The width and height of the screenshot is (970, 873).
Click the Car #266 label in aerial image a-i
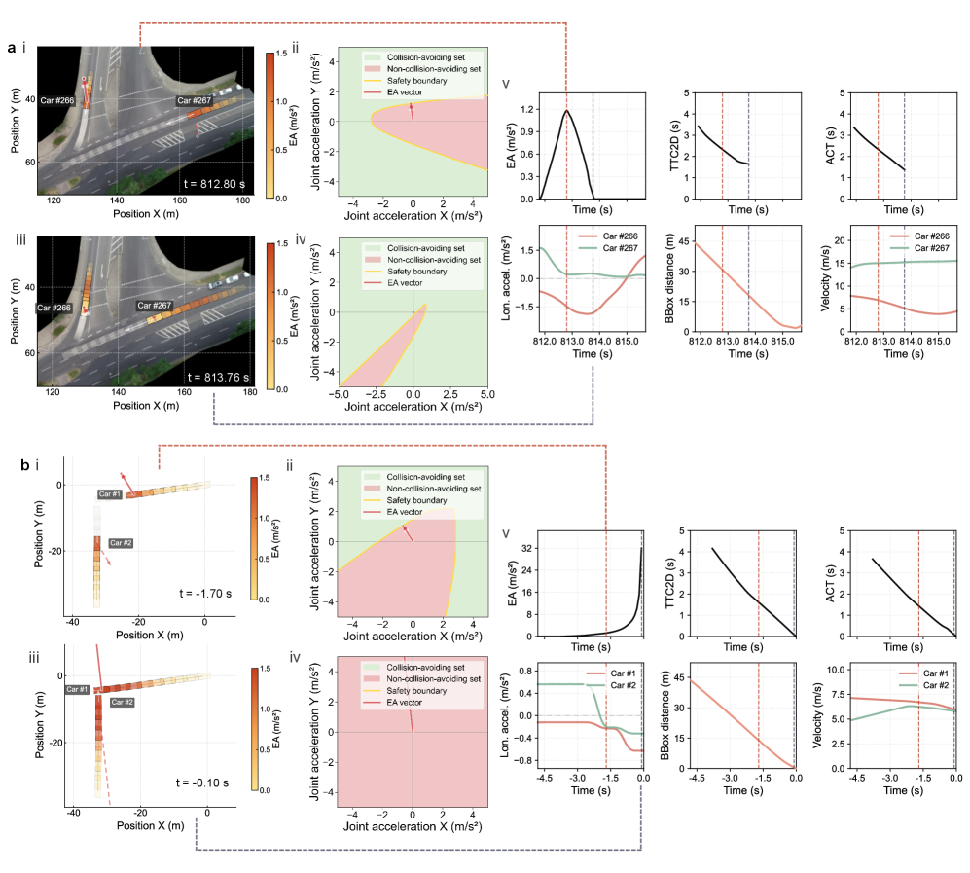56,100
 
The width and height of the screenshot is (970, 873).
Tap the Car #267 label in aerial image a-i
195,100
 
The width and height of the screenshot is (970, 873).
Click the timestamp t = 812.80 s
214,184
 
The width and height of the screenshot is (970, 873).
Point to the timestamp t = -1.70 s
205,594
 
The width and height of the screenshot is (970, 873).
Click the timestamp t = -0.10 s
202,782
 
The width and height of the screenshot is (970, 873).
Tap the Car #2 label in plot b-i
121,543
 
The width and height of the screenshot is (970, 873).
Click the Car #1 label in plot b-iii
77,689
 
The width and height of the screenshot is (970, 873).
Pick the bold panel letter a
12,48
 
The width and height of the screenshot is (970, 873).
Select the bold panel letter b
24,464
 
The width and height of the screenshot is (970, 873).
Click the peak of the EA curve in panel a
566,111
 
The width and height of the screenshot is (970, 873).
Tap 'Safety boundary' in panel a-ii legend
417,81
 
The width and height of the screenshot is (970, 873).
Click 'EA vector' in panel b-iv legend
405,703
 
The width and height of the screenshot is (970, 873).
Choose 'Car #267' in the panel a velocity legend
932,248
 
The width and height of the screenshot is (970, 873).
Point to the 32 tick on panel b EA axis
527,548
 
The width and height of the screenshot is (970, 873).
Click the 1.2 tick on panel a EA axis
527,110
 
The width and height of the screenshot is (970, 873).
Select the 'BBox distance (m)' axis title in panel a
669,278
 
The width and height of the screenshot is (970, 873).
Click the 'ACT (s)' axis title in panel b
830,584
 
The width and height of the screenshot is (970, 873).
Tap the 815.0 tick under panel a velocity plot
938,341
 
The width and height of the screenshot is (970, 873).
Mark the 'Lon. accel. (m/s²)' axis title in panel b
506,715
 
